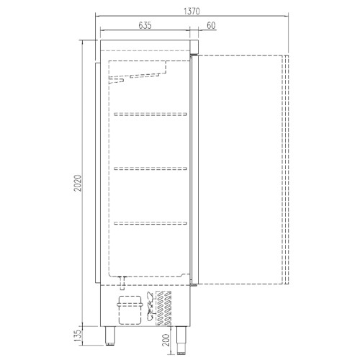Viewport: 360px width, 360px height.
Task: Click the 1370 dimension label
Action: tap(192, 12)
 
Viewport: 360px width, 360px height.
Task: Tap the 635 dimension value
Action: tap(145, 25)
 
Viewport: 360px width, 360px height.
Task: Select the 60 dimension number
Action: tap(211, 25)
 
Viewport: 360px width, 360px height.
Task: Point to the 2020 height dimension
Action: tap(78, 183)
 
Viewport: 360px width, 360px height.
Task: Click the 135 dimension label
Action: tap(78, 336)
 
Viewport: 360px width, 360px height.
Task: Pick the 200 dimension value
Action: tap(166, 340)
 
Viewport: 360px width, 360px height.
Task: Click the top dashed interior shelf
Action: tap(150, 114)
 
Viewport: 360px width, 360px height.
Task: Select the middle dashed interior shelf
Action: tap(150, 168)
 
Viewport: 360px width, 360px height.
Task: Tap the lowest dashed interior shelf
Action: tap(150, 223)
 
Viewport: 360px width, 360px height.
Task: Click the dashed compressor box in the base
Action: tap(130, 310)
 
